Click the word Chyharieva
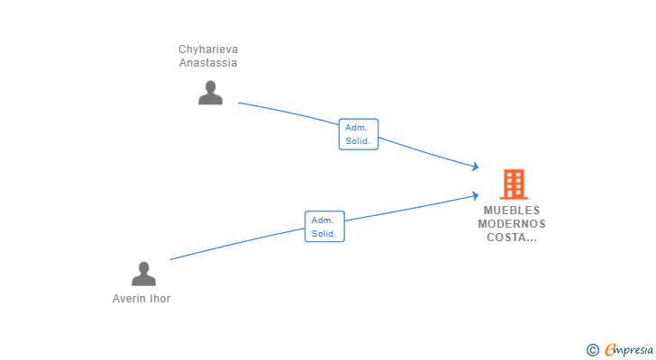(208, 49)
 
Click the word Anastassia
(208, 63)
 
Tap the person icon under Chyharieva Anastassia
(211, 93)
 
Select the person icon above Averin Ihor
(143, 274)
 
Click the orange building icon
(514, 184)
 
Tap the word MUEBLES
(512, 210)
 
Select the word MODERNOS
(512, 224)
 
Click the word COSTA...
(507, 238)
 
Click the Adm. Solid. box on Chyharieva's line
(359, 134)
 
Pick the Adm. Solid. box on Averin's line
(324, 227)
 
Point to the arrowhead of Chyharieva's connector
(476, 166)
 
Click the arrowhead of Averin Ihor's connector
(476, 195)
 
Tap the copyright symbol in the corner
(592, 350)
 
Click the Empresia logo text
(628, 350)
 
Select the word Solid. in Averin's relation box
(323, 234)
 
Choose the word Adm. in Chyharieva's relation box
(356, 128)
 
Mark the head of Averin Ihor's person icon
(143, 267)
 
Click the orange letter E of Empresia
(610, 350)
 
